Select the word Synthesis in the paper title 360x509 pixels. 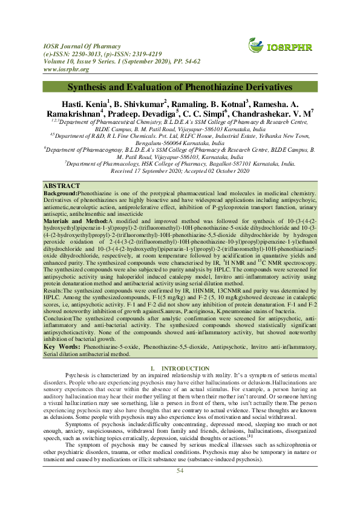point(91,88)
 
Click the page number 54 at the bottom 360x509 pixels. point(180,488)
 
